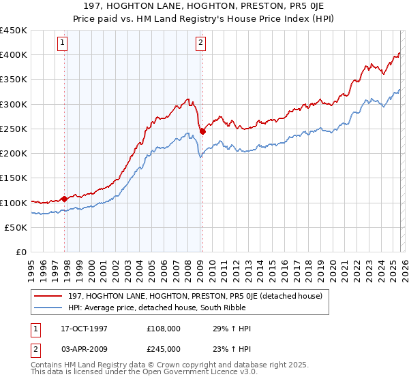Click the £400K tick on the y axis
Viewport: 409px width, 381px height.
click(x=13, y=55)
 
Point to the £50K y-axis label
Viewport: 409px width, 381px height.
click(x=15, y=228)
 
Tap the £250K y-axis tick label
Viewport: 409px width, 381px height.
click(x=13, y=129)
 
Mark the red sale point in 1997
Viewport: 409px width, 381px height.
click(x=65, y=199)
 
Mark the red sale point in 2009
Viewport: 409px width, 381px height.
click(x=202, y=131)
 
